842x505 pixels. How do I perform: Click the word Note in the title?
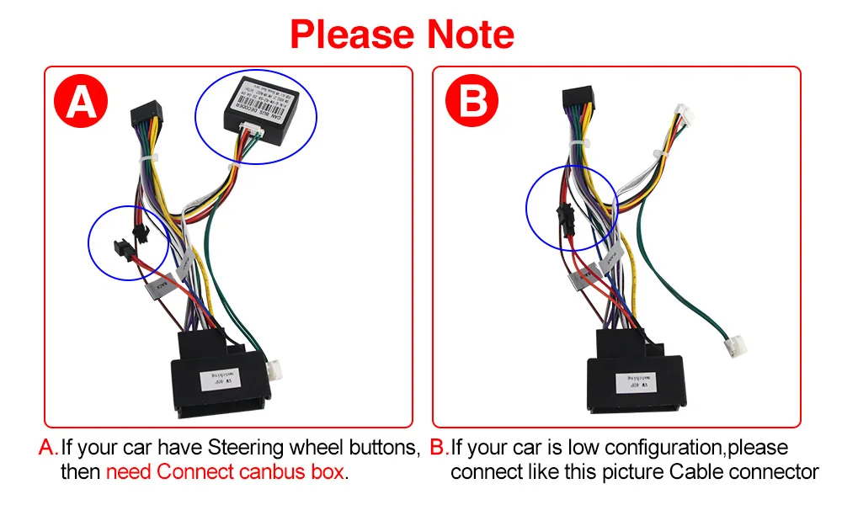pos(470,35)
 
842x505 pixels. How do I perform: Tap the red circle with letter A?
pos(82,102)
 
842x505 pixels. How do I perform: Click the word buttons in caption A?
pos(382,447)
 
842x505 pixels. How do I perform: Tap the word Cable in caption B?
pos(696,471)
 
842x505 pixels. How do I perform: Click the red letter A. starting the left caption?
pos(48,447)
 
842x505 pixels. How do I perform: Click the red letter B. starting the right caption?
pos(438,447)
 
